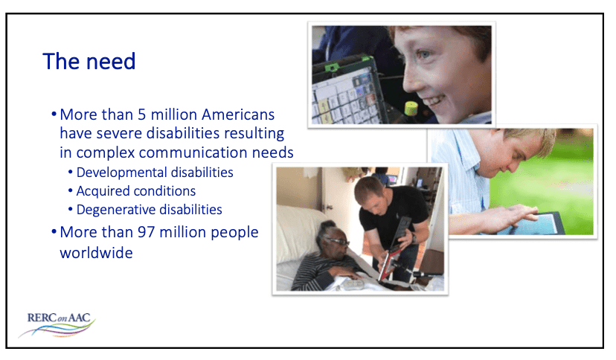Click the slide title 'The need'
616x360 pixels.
point(89,61)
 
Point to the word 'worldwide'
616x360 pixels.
point(96,252)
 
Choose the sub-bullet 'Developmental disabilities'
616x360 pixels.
point(155,173)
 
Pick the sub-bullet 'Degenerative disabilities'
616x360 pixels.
point(149,210)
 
